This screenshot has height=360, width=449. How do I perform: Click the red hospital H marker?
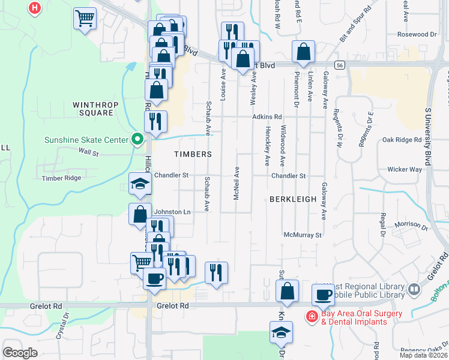(35, 8)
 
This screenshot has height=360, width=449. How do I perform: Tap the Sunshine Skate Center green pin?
(137, 140)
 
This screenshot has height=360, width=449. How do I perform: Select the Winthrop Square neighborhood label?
(93, 109)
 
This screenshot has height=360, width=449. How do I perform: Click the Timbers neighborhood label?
(193, 154)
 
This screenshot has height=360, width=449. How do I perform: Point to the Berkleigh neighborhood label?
(292, 199)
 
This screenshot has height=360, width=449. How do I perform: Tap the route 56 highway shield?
(340, 65)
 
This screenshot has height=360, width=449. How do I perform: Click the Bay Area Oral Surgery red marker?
(313, 316)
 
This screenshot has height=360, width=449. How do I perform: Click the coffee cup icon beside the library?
(323, 295)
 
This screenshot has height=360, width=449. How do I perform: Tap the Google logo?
(20, 352)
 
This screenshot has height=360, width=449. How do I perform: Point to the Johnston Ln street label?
(172, 212)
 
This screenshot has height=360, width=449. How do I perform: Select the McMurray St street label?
(303, 235)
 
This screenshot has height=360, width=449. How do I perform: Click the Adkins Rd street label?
(267, 117)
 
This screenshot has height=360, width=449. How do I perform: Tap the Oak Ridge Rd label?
(402, 140)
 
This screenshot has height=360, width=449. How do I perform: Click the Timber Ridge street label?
(61, 178)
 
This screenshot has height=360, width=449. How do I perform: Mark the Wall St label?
(87, 154)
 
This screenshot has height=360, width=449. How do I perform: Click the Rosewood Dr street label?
(417, 35)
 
